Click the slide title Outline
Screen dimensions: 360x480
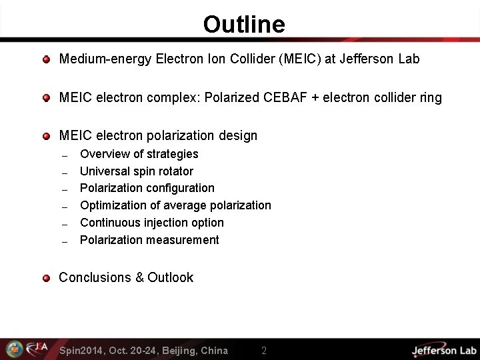tap(244, 25)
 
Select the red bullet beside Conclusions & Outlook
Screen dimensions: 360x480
tap(46, 278)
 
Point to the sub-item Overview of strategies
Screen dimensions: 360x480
tap(139, 154)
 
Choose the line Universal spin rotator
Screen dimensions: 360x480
tap(136, 171)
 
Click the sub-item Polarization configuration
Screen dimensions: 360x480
tap(147, 188)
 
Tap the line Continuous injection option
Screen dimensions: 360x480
tap(151, 223)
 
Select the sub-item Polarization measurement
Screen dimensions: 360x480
tap(149, 240)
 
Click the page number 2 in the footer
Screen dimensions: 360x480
tap(264, 351)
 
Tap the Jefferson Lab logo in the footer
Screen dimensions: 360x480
tap(443, 350)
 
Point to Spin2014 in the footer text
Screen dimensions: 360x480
tap(80, 351)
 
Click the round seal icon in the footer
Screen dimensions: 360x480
tap(14, 349)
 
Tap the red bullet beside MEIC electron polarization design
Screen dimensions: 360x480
tap(46, 136)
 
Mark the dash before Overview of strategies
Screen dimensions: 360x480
tap(65, 155)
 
